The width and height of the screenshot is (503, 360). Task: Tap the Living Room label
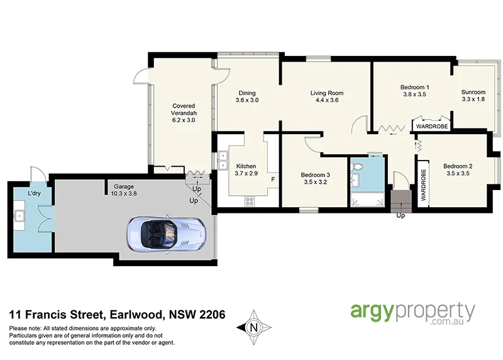327,93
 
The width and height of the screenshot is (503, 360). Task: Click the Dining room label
247,93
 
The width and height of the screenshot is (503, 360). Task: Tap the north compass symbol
254,327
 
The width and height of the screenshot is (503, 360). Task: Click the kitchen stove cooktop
250,201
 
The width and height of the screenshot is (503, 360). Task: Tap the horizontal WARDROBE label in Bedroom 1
431,126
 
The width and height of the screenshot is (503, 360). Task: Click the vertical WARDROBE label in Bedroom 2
424,184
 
